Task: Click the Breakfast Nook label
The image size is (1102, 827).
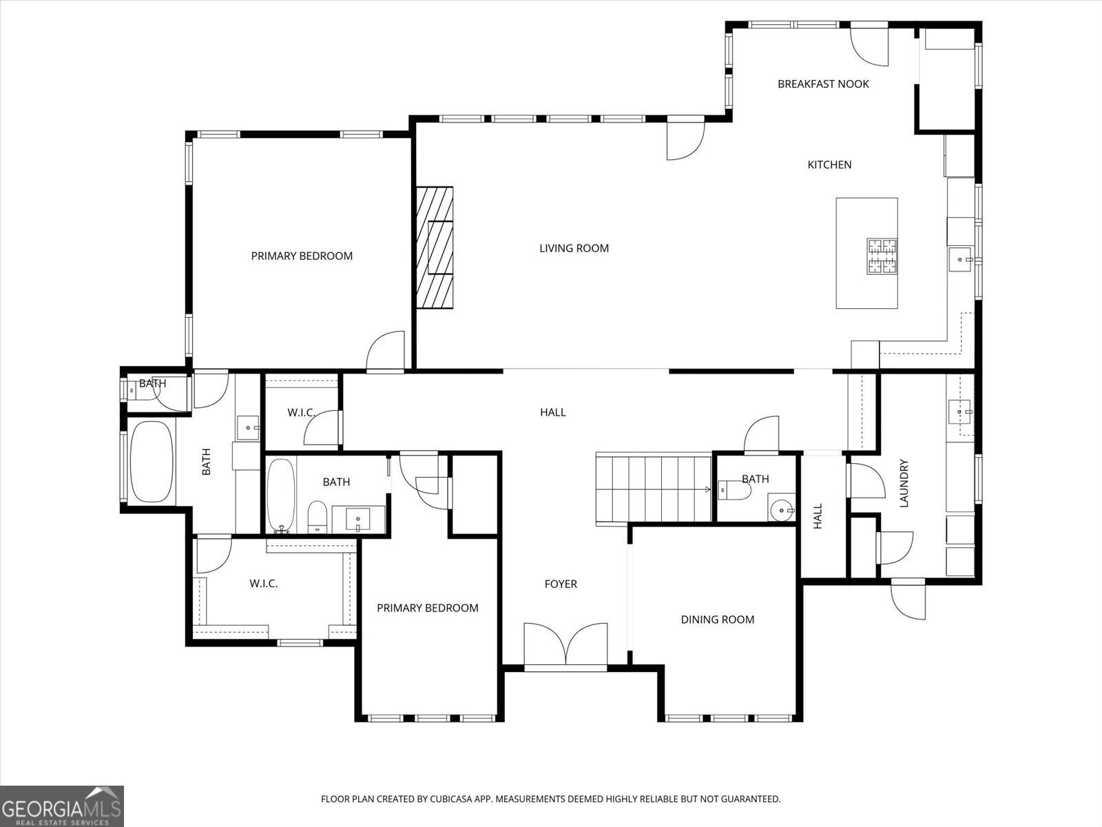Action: pos(823,84)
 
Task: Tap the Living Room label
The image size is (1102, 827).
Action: pos(574,248)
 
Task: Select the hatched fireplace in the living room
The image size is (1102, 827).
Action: pos(435,248)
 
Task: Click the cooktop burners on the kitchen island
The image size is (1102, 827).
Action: pos(882,256)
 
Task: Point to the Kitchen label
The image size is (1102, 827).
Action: pos(829,165)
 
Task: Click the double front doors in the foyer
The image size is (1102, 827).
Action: pos(565,645)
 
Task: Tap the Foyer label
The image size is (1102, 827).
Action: pos(561,584)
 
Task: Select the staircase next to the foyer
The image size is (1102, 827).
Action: pos(653,488)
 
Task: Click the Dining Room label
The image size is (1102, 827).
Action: pos(717,620)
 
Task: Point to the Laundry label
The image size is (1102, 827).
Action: pos(904,483)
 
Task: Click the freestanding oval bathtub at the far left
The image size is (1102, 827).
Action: pos(151,462)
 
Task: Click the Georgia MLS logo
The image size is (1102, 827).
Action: pos(62,806)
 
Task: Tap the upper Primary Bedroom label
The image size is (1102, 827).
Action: pos(302,256)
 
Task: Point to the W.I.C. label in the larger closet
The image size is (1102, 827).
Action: pos(263,584)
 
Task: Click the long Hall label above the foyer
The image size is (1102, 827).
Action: pos(552,412)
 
